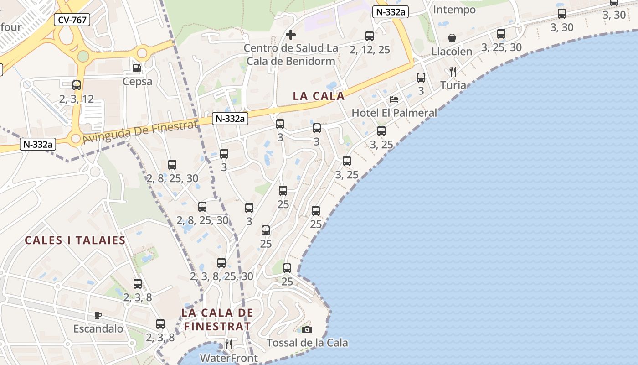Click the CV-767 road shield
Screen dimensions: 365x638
click(72, 20)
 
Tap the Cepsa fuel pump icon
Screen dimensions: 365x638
click(137, 68)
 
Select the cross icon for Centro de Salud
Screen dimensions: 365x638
click(290, 35)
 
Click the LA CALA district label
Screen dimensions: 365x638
click(319, 96)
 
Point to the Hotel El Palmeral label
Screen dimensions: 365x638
click(394, 113)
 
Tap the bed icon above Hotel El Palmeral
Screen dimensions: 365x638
click(394, 99)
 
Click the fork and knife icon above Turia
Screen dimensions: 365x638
click(453, 72)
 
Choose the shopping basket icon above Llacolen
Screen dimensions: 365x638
click(452, 38)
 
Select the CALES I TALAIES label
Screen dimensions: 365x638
click(75, 240)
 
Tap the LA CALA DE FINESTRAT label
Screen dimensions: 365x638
click(217, 319)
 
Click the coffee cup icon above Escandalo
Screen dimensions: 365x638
click(98, 315)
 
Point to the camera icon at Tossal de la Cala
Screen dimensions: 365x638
click(307, 329)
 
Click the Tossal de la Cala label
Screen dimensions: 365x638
click(307, 343)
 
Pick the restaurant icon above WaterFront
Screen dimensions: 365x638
click(229, 344)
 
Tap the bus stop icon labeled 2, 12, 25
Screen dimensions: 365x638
click(370, 36)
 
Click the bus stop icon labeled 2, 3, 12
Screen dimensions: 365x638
click(77, 85)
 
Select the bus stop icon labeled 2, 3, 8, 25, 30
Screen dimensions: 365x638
click(221, 263)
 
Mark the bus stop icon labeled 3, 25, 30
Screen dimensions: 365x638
click(501, 34)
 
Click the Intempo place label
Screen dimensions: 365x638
click(454, 10)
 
